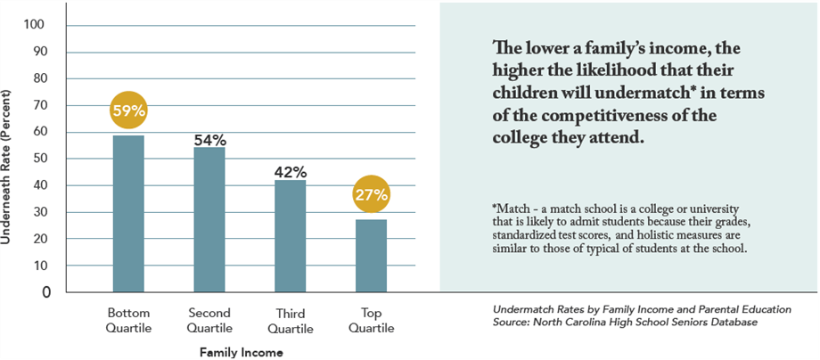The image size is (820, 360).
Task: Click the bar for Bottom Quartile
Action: pos(128,213)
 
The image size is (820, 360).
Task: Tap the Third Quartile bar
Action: pos(290,235)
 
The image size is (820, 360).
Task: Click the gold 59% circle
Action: pos(128,111)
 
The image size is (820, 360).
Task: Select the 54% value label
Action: pos(209,140)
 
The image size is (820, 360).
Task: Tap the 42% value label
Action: pos(291,172)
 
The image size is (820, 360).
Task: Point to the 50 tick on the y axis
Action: pos(39,159)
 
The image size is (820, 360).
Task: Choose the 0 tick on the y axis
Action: pos(44,292)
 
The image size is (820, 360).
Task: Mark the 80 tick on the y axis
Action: pos(39,78)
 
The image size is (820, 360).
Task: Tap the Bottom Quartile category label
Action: pos(129,320)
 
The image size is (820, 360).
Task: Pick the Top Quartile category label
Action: pos(372,320)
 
